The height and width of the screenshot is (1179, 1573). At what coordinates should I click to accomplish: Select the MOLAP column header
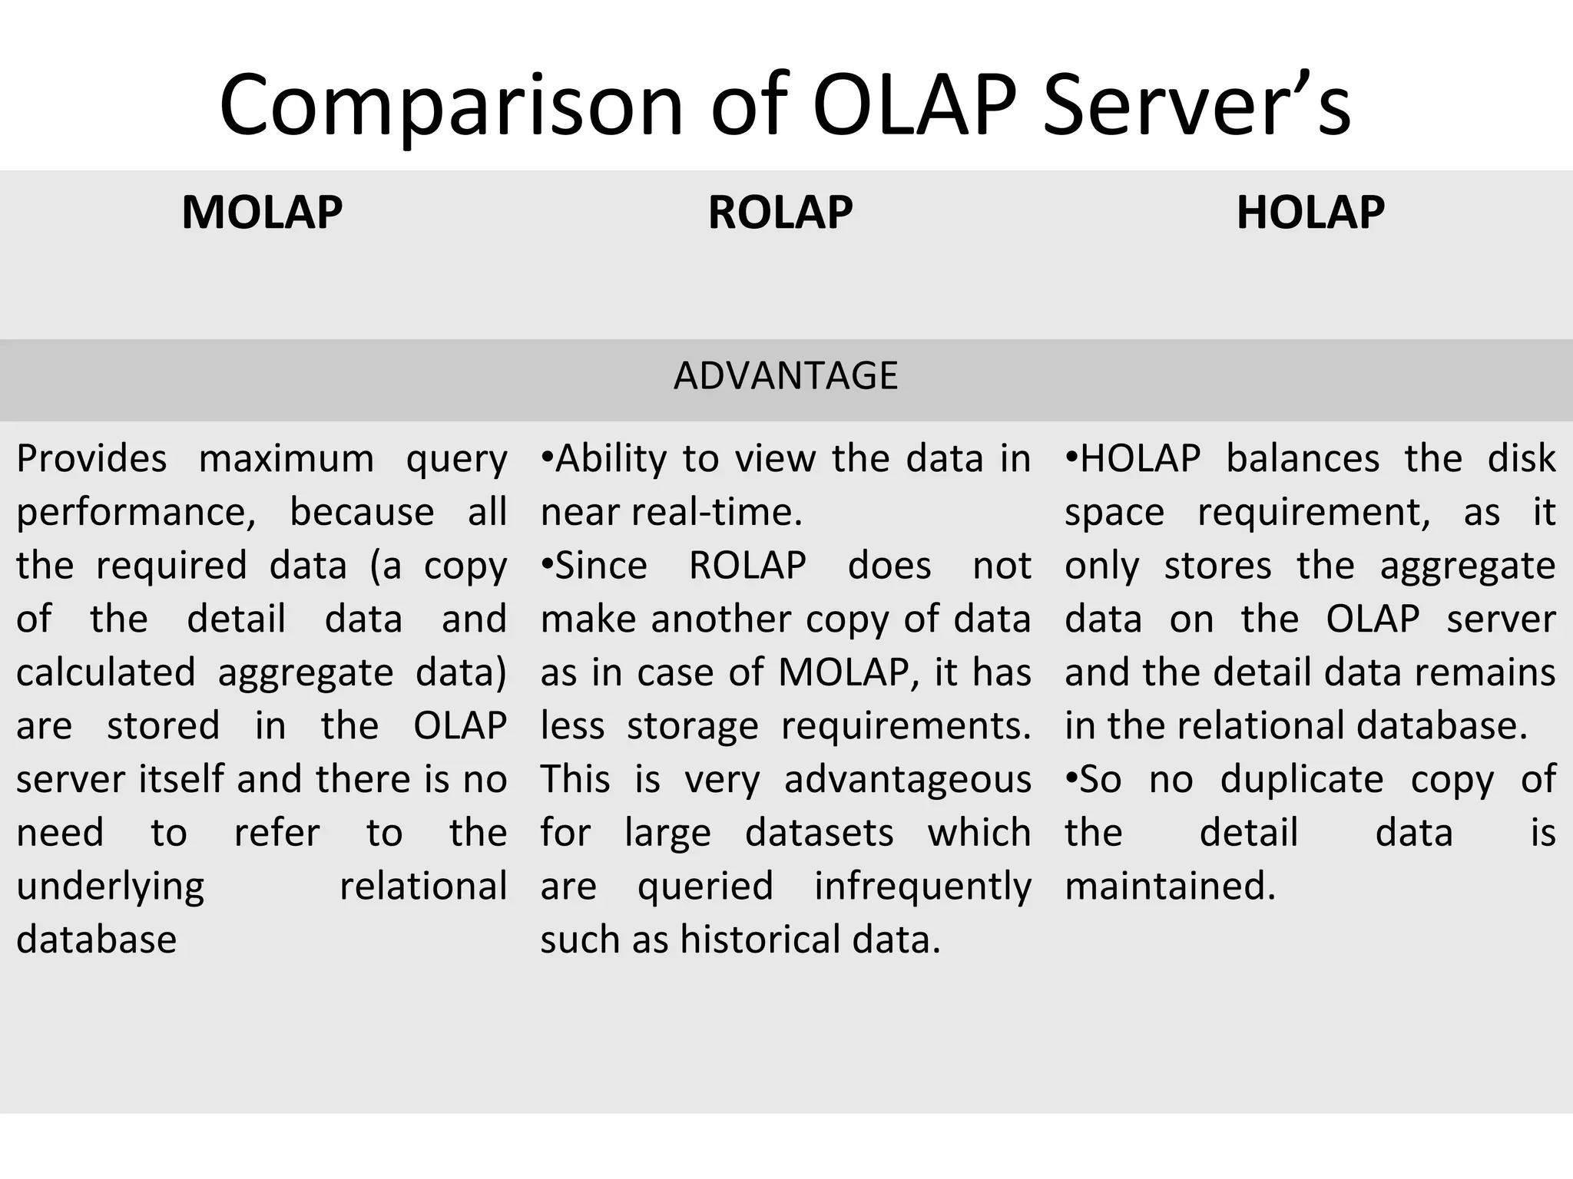[262, 213]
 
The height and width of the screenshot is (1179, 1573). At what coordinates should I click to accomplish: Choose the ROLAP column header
[780, 213]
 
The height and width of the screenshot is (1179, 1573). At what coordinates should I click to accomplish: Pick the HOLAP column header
[1310, 213]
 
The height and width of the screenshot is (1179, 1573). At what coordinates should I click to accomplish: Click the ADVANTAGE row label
[786, 376]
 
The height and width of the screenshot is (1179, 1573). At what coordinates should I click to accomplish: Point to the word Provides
[91, 459]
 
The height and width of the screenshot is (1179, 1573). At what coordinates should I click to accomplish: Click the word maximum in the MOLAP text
[286, 459]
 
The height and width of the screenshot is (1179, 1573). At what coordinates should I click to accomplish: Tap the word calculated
[106, 672]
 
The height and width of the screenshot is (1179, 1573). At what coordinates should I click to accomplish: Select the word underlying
[111, 887]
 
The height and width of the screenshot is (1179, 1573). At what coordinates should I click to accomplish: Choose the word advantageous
[907, 780]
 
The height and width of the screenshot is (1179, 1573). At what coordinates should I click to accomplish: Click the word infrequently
[922, 887]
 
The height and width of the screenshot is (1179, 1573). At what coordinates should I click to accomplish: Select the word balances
[1303, 459]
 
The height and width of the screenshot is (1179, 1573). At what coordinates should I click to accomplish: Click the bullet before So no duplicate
[1071, 778]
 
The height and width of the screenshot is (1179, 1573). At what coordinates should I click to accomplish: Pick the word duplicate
[1302, 780]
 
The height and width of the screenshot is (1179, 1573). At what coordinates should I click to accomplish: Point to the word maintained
[1170, 887]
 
